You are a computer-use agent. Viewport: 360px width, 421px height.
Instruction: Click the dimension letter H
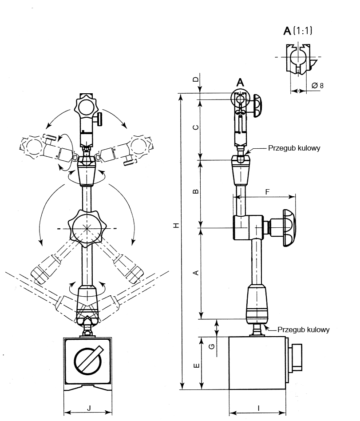point(176,226)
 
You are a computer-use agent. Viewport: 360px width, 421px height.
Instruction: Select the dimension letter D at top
point(195,79)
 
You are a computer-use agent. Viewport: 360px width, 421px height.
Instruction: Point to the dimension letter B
point(196,192)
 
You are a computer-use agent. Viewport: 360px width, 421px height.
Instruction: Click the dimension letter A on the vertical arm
point(196,273)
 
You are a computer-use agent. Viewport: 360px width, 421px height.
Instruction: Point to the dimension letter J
point(89,407)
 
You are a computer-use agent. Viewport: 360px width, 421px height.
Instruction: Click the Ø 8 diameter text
point(317,85)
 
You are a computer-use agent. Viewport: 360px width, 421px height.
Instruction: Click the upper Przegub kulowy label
point(294,148)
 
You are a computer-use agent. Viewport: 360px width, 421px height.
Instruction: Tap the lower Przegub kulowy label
point(303,330)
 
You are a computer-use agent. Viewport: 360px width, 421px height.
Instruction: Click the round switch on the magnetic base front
point(88,360)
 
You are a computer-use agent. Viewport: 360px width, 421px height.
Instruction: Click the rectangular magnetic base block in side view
point(258,363)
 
